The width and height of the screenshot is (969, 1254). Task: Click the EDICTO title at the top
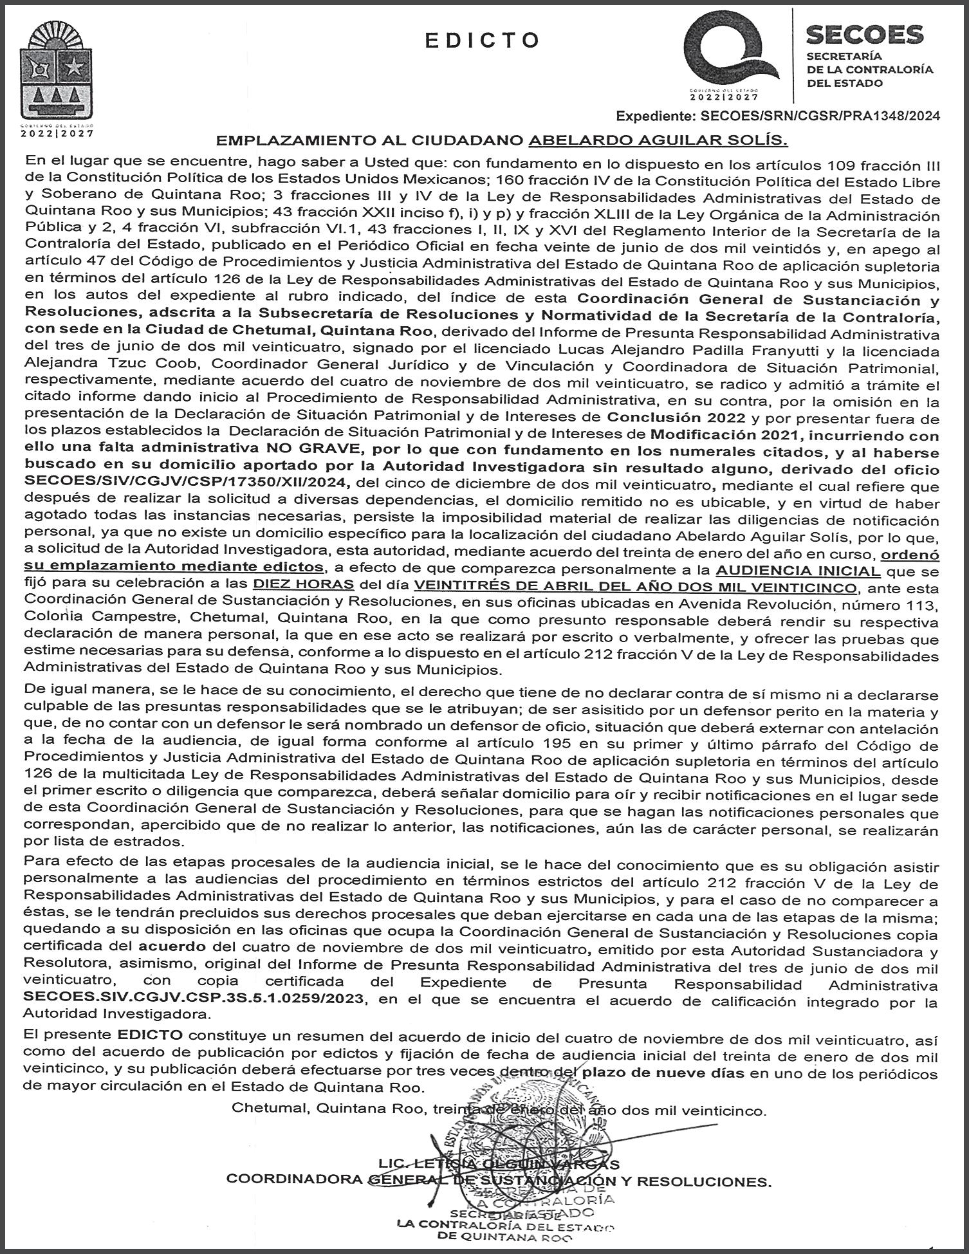coord(483,40)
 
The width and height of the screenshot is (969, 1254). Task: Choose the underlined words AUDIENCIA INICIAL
coord(798,571)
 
